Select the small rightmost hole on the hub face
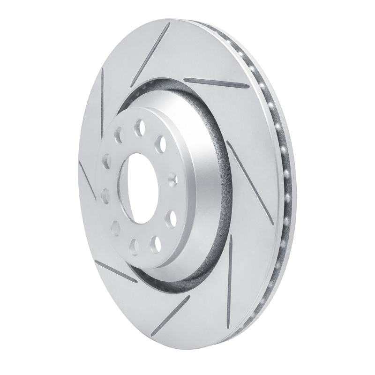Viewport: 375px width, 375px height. [172, 178]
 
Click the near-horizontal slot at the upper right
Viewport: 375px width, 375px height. [217, 82]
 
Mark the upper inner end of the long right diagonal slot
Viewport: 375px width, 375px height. [227, 142]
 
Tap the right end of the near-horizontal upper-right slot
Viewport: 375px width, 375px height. [248, 87]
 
